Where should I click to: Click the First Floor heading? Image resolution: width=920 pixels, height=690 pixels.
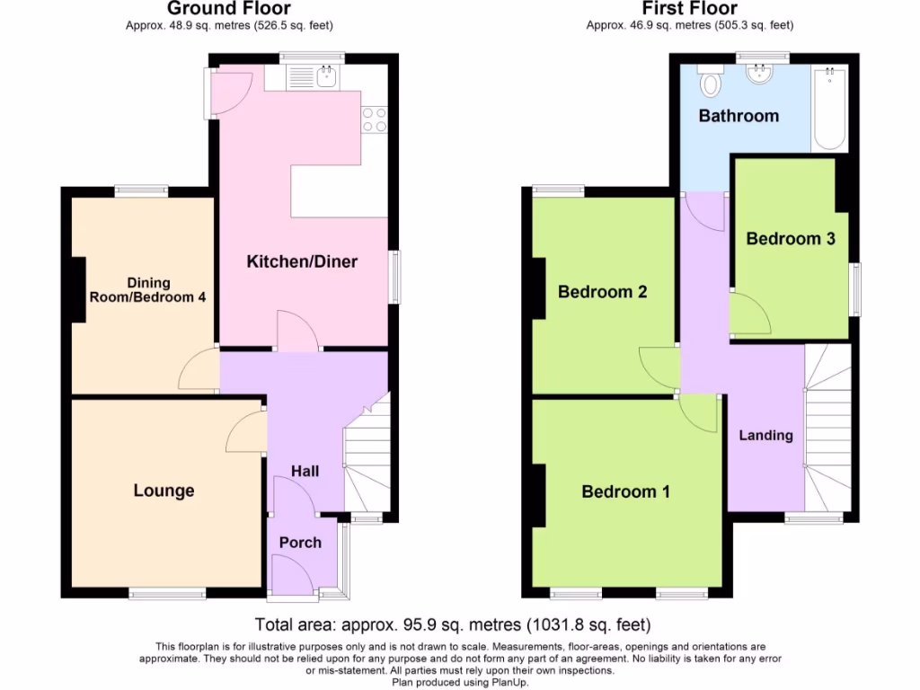tap(689, 9)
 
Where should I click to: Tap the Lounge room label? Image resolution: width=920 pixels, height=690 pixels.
tap(164, 491)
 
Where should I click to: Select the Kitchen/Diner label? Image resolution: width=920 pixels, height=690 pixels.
tap(302, 262)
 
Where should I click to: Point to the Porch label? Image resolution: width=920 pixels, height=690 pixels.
tap(300, 542)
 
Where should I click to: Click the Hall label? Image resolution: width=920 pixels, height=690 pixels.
tap(305, 471)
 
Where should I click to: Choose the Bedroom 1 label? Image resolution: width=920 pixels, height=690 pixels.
tap(625, 491)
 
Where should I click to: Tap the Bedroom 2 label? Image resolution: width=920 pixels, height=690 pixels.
tap(603, 292)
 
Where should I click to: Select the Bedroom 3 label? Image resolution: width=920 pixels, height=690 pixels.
tap(791, 239)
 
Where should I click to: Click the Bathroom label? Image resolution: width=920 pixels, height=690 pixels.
tap(739, 116)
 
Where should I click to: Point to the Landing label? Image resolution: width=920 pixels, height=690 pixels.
tap(765, 435)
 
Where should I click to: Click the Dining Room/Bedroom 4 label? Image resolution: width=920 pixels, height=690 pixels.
tap(147, 289)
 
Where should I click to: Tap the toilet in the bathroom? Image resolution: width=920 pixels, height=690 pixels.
tap(711, 84)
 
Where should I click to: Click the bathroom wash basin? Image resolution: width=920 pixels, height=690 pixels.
tap(760, 75)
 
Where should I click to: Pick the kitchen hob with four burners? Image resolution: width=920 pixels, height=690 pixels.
tap(374, 119)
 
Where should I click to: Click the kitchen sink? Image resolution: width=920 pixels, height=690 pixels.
tap(326, 78)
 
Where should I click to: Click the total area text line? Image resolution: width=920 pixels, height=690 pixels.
tap(453, 624)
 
